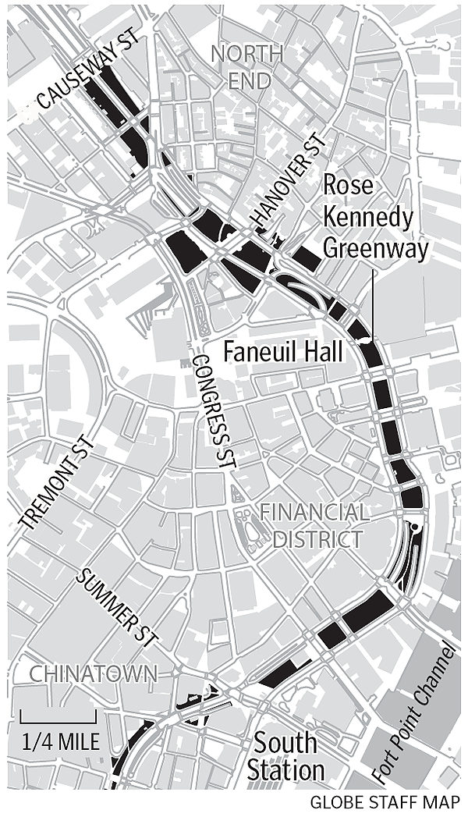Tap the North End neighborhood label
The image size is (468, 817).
point(247,67)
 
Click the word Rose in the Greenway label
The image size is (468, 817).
point(349,186)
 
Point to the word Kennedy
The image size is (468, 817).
point(367,217)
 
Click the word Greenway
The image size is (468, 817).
point(376,248)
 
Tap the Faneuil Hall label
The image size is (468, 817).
point(283,352)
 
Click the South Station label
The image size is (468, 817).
point(285,755)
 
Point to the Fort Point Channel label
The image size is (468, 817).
point(413,712)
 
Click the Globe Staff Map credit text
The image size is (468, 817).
point(385,802)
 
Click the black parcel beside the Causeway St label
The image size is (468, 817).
point(117,117)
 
